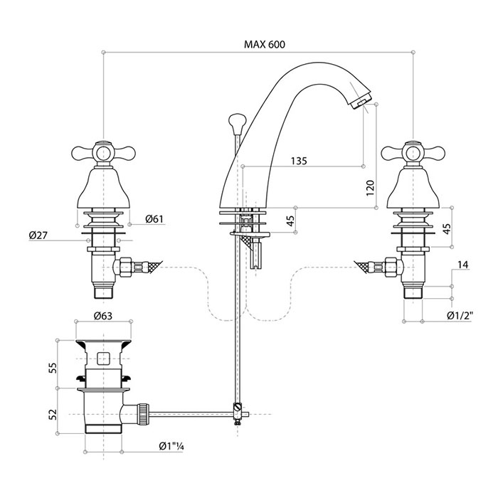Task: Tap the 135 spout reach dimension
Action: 299,161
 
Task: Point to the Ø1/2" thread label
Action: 460,315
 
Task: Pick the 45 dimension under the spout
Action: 290,221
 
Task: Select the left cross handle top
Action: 103,151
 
